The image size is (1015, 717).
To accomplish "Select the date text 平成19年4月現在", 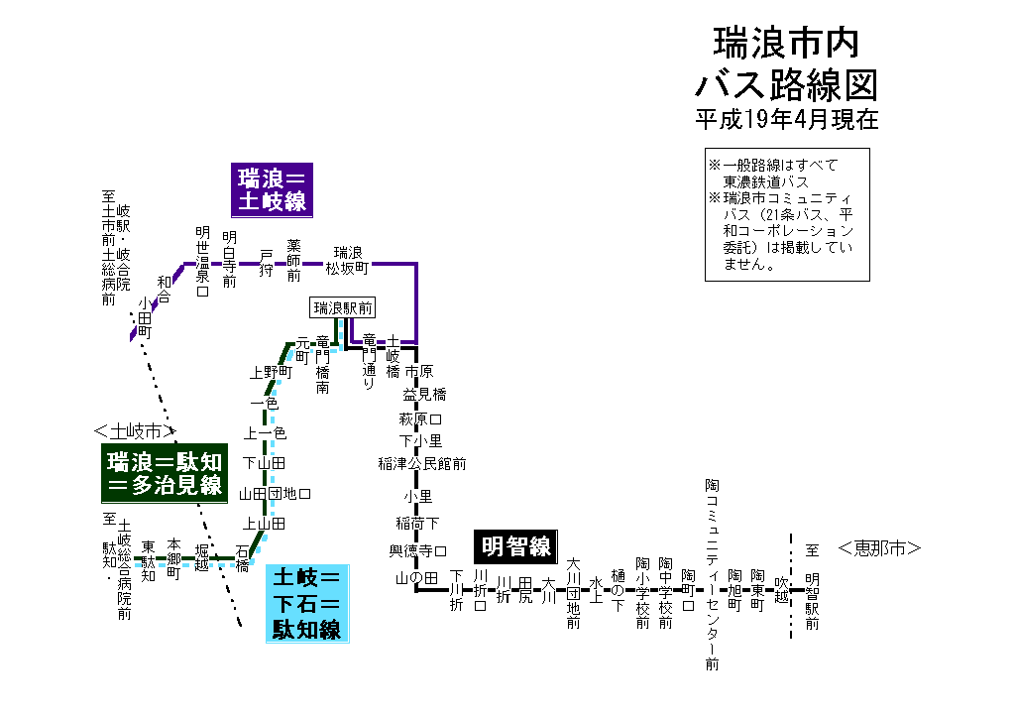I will pos(786,120).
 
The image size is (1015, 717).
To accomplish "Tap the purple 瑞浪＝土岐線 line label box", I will pos(271,190).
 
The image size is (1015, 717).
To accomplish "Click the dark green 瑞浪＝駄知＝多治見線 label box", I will pos(165,472).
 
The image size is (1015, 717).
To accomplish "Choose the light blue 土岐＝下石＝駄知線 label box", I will pos(307,602).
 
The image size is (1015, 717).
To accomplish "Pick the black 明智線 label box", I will pos(514,546).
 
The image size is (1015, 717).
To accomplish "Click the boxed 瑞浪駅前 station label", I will pos(343,307).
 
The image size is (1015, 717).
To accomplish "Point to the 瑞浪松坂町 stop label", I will pos(350,260).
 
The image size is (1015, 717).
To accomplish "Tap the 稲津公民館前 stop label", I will pos(421,463).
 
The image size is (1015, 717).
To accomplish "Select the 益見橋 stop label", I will pos(424,395).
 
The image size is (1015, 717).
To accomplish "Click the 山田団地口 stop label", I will pos(276,493).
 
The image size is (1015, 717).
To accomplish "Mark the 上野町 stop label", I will pos(271,373).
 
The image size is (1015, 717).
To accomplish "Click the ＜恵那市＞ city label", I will pos(879,547).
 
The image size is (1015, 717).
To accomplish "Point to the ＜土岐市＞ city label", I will pos(134,431).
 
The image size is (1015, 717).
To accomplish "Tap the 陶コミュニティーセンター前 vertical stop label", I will pos(712,574).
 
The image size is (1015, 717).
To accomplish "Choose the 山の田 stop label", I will pos(416,577).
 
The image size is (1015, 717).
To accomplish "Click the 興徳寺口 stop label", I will pos(416,550).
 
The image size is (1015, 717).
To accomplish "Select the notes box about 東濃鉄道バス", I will pos(787,214).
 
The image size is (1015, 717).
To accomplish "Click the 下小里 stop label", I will pos(420,440).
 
